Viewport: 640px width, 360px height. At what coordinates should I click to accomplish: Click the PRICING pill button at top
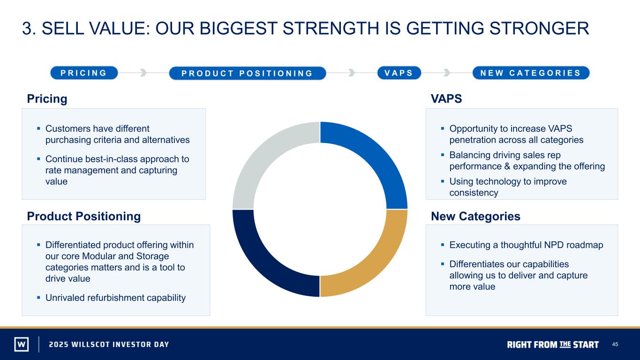84,73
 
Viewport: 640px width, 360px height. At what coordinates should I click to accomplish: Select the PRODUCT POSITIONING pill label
248,73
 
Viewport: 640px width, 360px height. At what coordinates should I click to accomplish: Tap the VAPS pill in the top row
399,73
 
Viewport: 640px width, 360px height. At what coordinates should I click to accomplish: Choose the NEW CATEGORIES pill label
531,73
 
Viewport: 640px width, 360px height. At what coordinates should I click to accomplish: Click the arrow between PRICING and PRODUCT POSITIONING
143,73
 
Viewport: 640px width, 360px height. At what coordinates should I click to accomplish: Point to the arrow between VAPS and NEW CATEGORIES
447,73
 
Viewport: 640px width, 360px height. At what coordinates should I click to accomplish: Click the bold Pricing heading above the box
47,99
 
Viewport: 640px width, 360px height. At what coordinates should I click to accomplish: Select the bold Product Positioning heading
84,216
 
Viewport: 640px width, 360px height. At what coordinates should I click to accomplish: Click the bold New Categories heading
475,216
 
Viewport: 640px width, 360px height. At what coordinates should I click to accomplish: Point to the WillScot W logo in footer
22,344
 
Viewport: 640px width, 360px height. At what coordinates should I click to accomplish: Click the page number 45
615,345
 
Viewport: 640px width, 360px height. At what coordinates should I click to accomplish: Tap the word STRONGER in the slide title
539,28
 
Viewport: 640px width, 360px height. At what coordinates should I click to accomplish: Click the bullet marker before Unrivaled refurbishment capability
38,298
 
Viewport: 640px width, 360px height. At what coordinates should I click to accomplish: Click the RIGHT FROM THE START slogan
553,345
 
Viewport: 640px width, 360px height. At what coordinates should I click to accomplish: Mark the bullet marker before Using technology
443,181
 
